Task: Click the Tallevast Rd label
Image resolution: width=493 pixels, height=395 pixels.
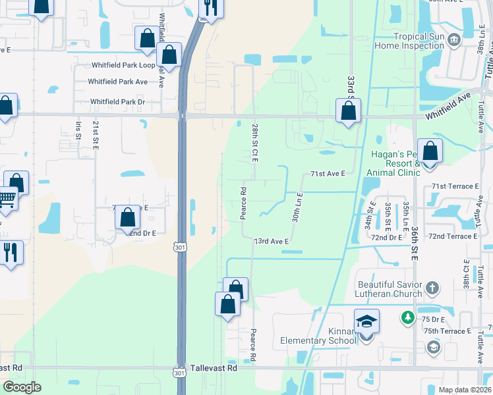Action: tap(213, 369)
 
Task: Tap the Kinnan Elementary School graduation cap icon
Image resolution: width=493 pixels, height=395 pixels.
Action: tap(366, 321)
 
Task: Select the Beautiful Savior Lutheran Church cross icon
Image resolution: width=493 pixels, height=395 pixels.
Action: tap(432, 288)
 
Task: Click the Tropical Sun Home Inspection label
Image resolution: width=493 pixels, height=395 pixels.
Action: tap(409, 41)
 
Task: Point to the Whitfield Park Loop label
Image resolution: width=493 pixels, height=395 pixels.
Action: tap(123, 65)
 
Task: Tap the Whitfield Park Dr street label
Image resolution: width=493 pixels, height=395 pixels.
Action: tap(117, 101)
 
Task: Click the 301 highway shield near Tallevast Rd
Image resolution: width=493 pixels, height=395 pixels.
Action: tap(180, 373)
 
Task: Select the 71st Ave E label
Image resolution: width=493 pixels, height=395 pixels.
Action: tap(328, 174)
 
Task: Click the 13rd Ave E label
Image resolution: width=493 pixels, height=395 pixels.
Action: tap(272, 242)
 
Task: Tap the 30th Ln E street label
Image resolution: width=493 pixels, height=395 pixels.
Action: tap(297, 206)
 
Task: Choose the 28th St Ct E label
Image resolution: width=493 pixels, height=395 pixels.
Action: tap(254, 141)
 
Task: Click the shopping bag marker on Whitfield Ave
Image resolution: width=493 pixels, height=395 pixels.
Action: tap(348, 111)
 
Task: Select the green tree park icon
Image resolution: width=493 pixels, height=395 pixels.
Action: tap(409, 318)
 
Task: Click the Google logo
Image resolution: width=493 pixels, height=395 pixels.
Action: tap(22, 387)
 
